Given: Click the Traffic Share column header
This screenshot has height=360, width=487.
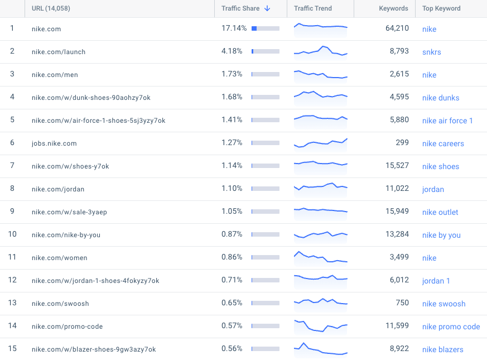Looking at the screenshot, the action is point(240,8).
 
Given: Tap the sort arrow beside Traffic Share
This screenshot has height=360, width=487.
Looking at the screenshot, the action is point(267,8).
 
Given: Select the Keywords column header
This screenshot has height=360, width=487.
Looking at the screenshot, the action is point(393,8).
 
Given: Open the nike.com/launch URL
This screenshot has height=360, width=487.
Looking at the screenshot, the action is point(59,52).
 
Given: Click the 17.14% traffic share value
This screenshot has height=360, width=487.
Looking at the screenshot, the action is point(234,28).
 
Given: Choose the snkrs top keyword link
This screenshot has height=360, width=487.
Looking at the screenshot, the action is point(431,52).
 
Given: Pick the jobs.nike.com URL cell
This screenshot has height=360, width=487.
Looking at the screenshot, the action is point(54,143).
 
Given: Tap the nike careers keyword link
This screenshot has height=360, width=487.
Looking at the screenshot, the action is point(443,143).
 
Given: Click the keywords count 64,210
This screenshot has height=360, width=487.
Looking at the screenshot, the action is point(397,28).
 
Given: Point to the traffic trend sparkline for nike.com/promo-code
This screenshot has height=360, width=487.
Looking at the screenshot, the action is point(321,326).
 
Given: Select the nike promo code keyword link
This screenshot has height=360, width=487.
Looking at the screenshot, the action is point(451,327).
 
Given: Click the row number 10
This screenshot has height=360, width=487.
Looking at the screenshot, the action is point(12,234).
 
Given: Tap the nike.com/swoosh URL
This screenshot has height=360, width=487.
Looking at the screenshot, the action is point(60,304).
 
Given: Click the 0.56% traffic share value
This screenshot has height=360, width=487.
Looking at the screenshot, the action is point(232,348).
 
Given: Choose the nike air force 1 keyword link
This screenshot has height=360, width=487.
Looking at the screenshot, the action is point(447,121).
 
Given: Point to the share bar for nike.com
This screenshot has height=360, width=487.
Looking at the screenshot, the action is point(266,28).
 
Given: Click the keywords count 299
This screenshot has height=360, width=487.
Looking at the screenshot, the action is point(402,142).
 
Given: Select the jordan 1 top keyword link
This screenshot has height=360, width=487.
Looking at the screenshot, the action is point(436,281).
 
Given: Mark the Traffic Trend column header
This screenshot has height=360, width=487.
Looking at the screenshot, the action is point(313,8).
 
